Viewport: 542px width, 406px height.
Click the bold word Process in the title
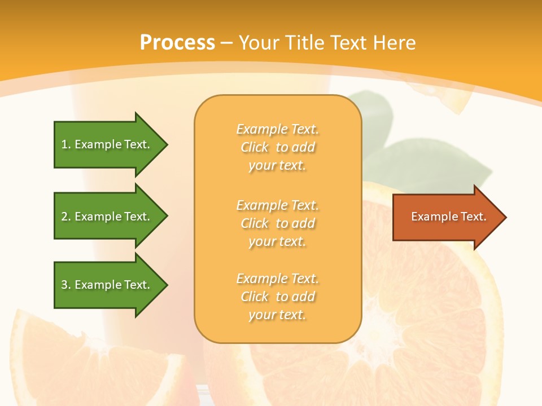tap(177, 43)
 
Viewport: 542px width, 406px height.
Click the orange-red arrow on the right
tap(446, 217)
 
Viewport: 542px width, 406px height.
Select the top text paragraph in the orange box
tap(277, 147)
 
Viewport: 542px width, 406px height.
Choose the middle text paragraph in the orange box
tap(277, 223)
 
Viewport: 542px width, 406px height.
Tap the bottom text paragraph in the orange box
tap(277, 297)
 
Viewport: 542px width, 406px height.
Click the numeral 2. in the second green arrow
tap(66, 217)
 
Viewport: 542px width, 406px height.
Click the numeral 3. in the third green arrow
tap(66, 285)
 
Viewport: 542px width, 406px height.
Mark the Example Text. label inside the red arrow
tap(448, 217)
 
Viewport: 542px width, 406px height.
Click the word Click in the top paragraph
tap(255, 147)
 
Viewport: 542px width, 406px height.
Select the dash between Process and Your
tap(226, 43)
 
